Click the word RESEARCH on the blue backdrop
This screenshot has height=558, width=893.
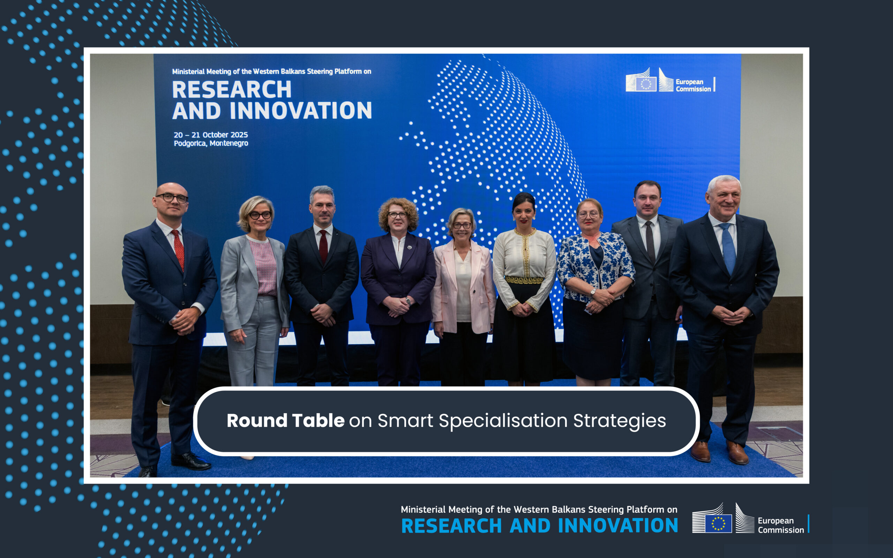click(232, 89)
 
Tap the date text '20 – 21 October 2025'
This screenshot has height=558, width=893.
click(211, 135)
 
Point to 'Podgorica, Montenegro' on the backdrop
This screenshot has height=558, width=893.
click(211, 143)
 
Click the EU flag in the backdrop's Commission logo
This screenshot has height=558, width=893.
click(646, 84)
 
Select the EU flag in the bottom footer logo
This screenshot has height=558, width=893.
click(718, 523)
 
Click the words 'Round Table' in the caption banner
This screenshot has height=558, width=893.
click(286, 420)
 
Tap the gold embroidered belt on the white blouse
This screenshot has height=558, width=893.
click(524, 280)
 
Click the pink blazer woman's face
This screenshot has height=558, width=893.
click(461, 226)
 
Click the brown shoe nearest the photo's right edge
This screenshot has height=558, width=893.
click(737, 453)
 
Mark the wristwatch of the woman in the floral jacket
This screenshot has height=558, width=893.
click(593, 292)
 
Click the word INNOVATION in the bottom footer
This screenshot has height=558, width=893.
click(618, 526)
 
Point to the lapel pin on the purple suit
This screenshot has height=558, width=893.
click(409, 247)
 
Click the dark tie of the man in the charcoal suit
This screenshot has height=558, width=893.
click(650, 241)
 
